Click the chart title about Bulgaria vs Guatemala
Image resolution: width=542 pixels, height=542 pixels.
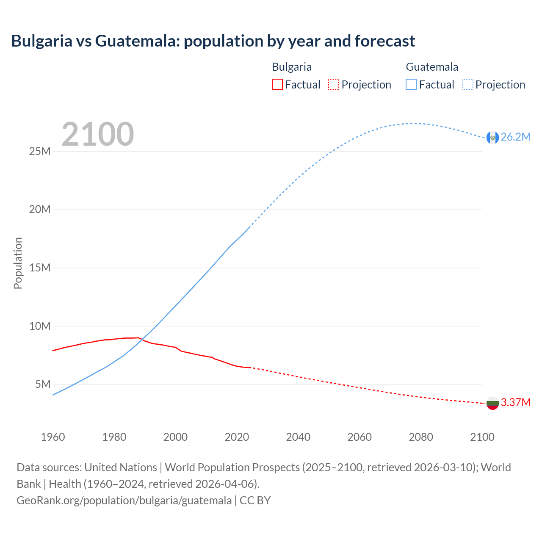[213, 41]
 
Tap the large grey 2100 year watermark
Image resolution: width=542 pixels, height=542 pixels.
[98, 134]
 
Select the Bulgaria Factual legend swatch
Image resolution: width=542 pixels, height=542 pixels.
[277, 84]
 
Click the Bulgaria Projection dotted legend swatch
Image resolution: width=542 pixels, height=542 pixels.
[334, 84]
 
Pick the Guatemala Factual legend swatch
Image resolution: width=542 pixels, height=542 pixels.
[411, 84]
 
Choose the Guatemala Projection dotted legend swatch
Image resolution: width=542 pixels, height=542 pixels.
[467, 84]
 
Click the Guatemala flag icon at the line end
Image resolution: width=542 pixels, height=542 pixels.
[492, 137]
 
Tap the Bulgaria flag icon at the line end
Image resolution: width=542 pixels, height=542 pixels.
[492, 403]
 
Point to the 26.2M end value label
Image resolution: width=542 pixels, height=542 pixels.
[515, 137]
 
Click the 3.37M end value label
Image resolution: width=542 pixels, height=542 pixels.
[515, 402]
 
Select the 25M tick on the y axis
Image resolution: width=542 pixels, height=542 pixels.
[40, 151]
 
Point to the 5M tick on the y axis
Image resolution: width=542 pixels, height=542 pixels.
[43, 384]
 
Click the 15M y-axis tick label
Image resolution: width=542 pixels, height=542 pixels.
[40, 268]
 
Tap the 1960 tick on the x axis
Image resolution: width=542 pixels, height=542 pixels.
[53, 437]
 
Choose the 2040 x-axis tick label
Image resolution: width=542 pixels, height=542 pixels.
[298, 437]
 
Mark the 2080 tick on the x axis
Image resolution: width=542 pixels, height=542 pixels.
[421, 437]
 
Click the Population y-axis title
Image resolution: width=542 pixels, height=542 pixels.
[18, 263]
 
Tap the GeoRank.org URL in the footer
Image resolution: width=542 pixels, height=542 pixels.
[124, 501]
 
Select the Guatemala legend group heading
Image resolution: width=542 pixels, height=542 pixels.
[432, 67]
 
